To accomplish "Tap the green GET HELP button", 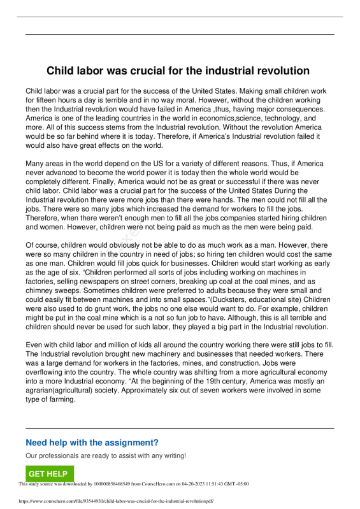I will click(x=48, y=474).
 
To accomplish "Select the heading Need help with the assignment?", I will click(x=92, y=443).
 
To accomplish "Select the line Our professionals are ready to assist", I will click(x=106, y=456).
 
